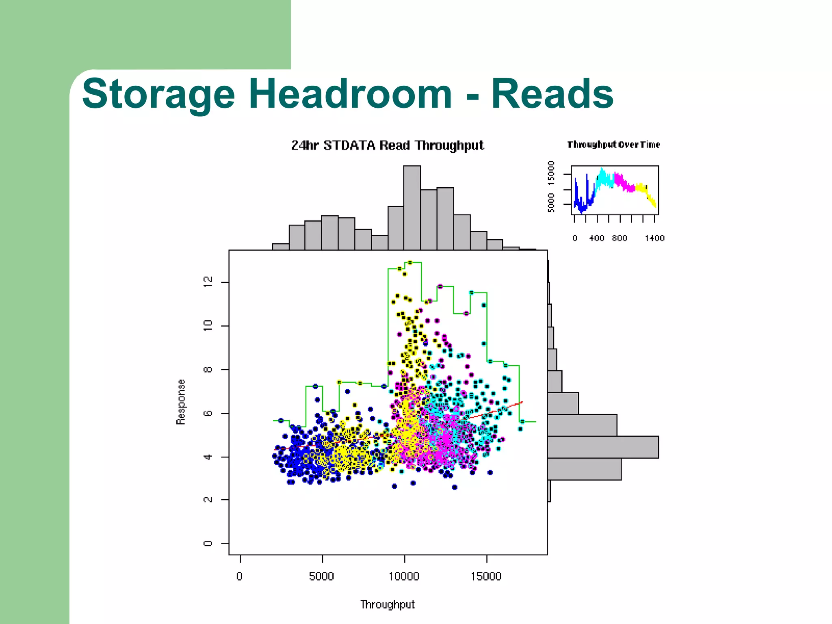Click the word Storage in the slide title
coord(158,94)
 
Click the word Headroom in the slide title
coord(350,94)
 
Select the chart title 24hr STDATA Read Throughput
coord(387,145)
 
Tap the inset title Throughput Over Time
coord(613,145)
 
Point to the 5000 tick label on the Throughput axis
coord(321,576)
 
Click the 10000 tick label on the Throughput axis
coord(404,576)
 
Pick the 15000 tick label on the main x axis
coord(486,576)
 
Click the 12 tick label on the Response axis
coord(208,282)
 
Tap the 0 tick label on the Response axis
coord(208,543)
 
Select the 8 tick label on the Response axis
coord(208,369)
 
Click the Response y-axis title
coord(181,402)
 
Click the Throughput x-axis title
coord(387,604)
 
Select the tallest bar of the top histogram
coord(412,207)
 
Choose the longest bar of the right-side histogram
coord(603,447)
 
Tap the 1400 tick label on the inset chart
coord(654,238)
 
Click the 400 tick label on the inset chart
coord(597,238)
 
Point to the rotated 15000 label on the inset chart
coord(551,173)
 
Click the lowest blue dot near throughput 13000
coord(455,487)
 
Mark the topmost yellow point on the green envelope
coord(410,263)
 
